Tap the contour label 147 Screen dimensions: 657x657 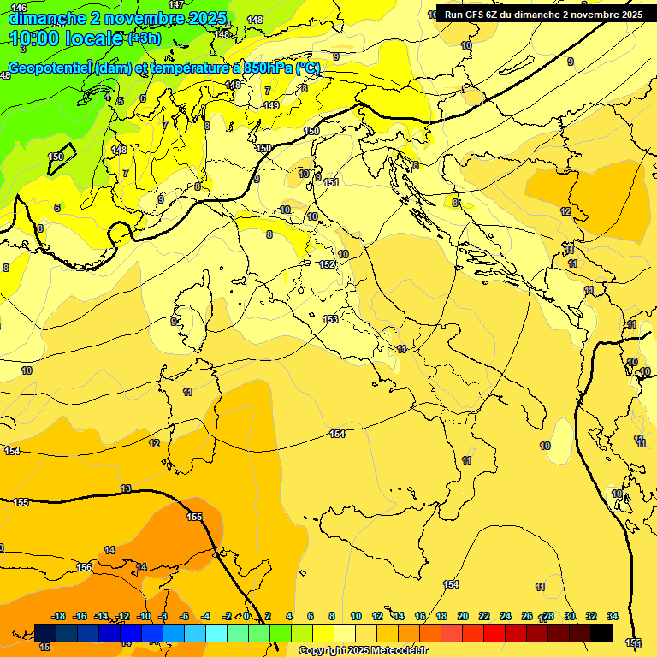tap(175, 4)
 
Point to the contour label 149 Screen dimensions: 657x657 tap(271, 105)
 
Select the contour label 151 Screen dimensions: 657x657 tap(331, 182)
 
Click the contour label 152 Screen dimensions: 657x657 tap(327, 264)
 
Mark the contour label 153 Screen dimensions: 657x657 tap(330, 319)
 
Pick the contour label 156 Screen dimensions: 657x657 tap(84, 567)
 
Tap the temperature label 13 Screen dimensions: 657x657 tap(126, 488)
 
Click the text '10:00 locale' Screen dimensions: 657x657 tap(66, 38)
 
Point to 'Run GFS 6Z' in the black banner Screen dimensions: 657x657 tap(476, 15)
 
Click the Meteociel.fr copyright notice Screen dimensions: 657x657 tap(369, 651)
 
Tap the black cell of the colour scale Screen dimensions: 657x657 tap(601, 633)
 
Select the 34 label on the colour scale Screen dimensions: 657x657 tap(612, 616)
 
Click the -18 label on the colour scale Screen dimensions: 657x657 tap(59, 616)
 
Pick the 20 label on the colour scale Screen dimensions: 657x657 tap(462, 616)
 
